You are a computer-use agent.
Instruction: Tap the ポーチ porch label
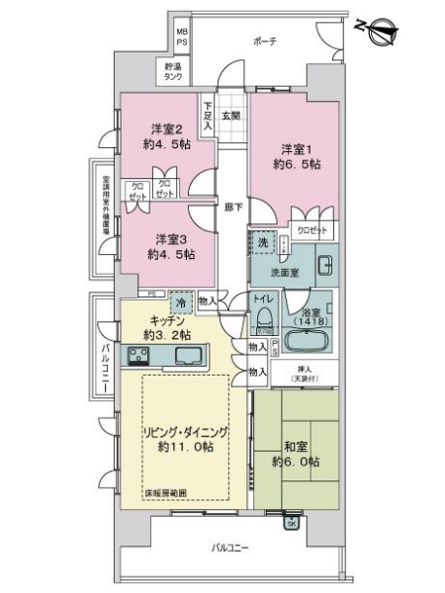pos(264,41)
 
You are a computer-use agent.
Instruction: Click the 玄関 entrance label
pos(230,116)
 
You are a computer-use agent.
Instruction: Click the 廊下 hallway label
pos(231,209)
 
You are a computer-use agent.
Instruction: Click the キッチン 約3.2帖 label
pos(161,327)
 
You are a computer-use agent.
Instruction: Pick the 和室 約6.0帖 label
pos(296,454)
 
